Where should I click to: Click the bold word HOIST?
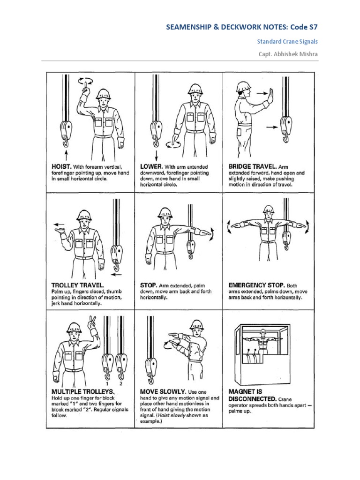pos(61,166)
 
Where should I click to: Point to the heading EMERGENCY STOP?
pos(256,285)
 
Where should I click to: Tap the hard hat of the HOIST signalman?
pos(103,93)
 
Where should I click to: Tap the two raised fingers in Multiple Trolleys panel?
pos(92,322)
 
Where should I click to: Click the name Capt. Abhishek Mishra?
pos(288,54)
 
